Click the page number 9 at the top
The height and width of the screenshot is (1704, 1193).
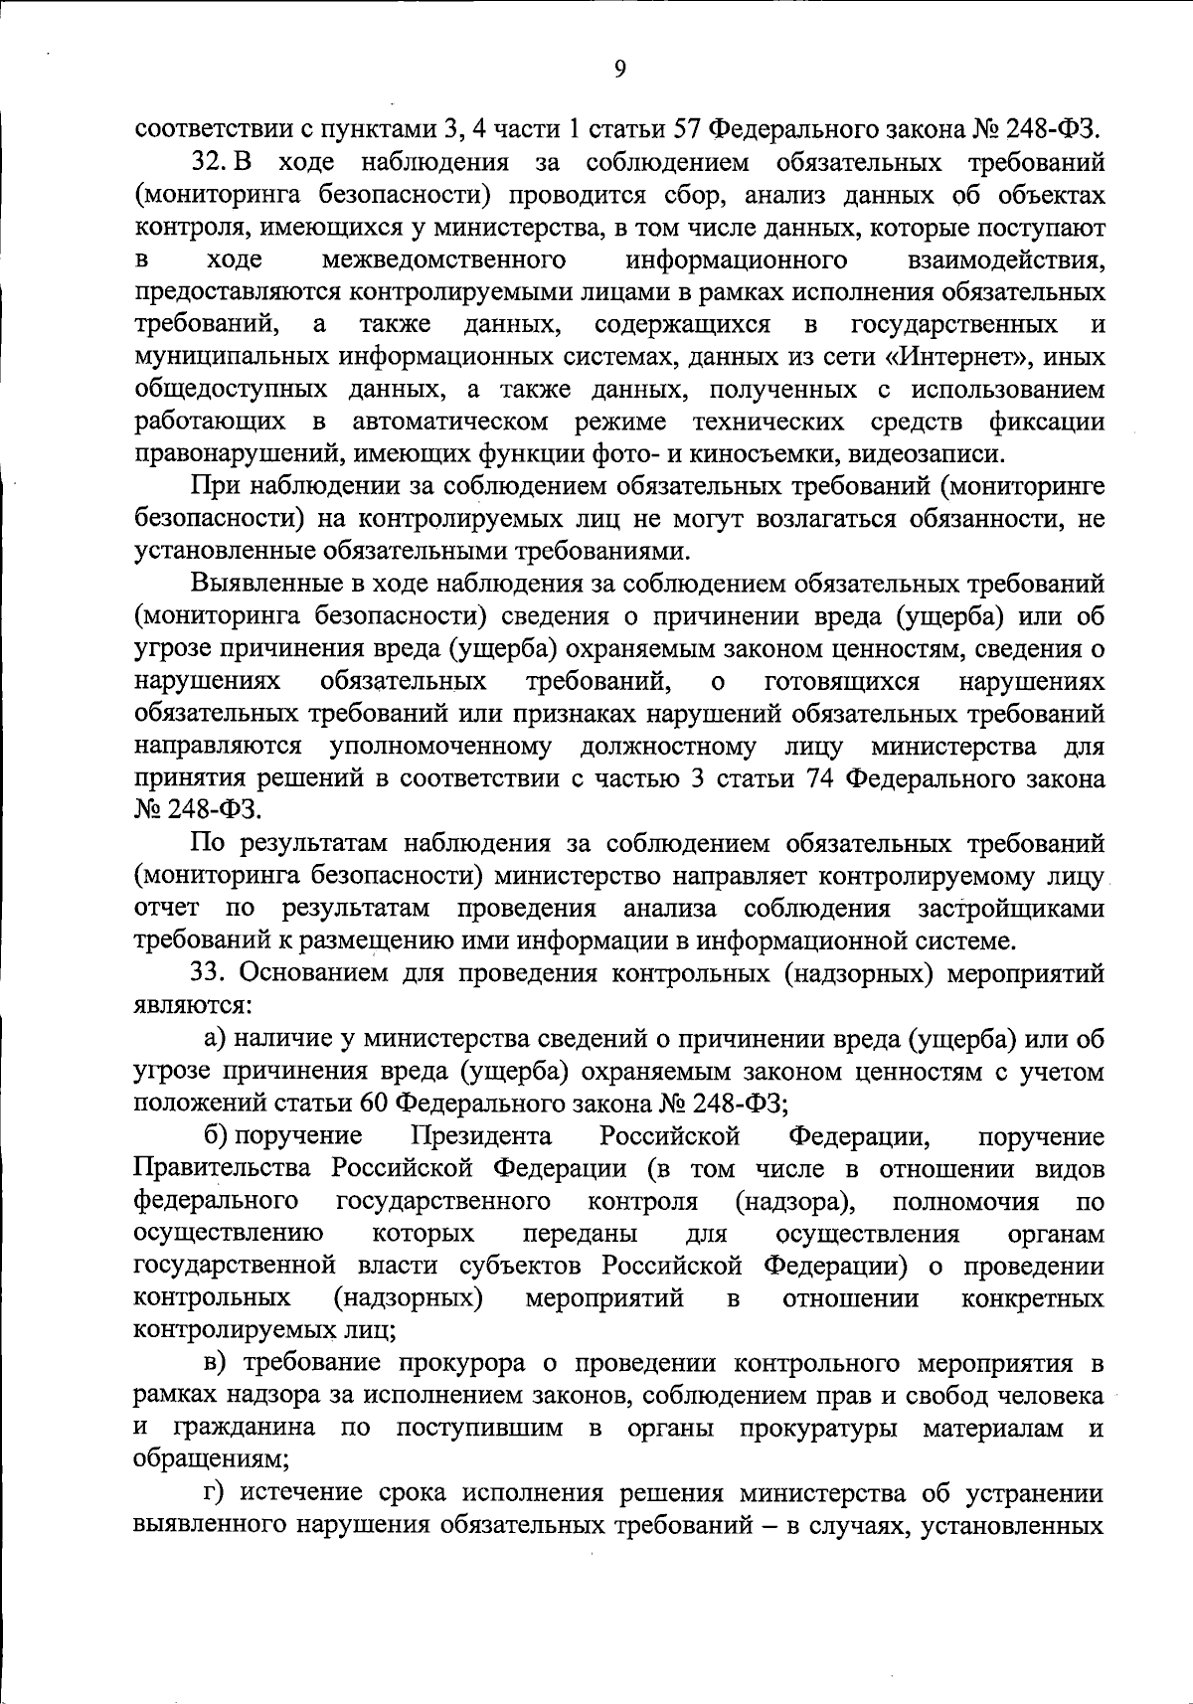(619, 68)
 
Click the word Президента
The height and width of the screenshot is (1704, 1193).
(482, 1136)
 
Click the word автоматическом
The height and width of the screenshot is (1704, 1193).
(450, 422)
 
